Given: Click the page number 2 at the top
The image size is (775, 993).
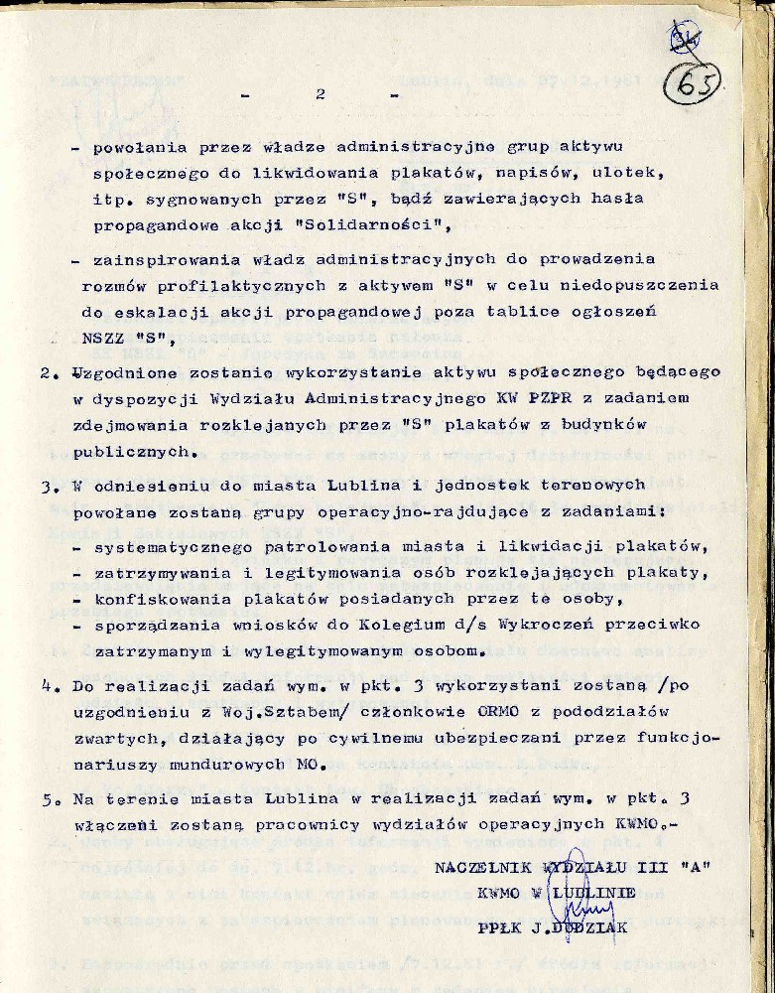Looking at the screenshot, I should coord(320,95).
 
